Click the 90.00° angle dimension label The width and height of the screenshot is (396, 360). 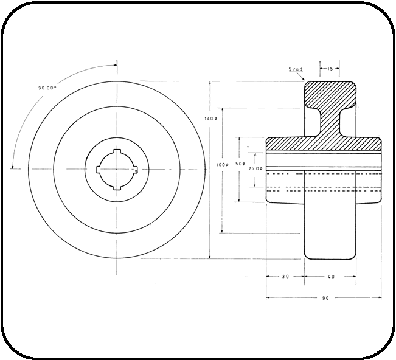47,88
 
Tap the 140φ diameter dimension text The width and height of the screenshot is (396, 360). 210,119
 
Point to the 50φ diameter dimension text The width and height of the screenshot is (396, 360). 240,164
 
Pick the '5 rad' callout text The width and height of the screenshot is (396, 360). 296,70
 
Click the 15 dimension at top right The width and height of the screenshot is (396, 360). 329,69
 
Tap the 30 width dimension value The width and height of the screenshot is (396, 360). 285,277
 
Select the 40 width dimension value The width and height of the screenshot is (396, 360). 331,277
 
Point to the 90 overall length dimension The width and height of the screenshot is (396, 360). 325,298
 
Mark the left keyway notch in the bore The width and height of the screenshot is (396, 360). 99,168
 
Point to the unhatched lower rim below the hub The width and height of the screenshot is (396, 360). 329,231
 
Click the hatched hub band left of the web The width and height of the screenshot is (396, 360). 286,144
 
